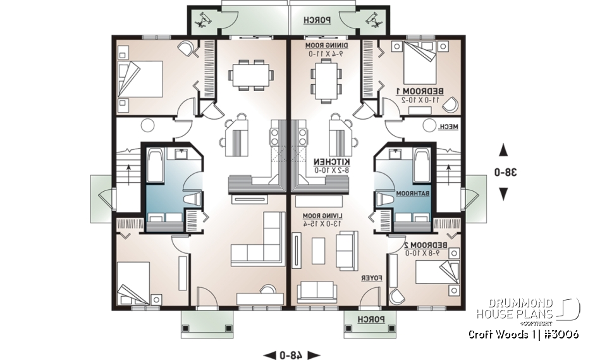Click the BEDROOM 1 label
[419, 92]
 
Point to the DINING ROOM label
[324, 46]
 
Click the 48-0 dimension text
[291, 354]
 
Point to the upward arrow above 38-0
[503, 151]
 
